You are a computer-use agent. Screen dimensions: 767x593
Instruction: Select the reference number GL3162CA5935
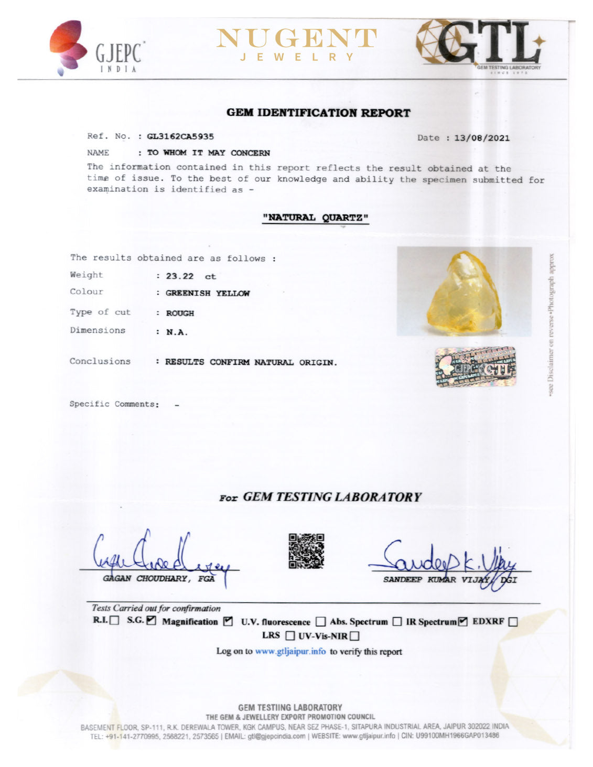180,136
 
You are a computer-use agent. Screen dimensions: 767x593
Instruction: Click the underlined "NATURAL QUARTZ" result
315,218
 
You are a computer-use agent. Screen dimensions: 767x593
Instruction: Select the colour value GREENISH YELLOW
208,293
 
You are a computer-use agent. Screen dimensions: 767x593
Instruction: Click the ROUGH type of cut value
180,313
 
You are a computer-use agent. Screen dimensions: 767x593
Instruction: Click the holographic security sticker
475,366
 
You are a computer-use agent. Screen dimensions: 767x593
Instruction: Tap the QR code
306,551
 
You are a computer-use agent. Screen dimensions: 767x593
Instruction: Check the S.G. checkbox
151,621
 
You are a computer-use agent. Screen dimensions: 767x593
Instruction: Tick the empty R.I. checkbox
115,621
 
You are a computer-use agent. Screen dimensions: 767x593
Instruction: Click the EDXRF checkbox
513,622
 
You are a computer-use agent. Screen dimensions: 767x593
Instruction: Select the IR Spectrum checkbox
462,622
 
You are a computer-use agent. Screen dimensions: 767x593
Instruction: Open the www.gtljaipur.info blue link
290,651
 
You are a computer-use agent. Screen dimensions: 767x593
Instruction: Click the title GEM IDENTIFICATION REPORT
318,113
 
